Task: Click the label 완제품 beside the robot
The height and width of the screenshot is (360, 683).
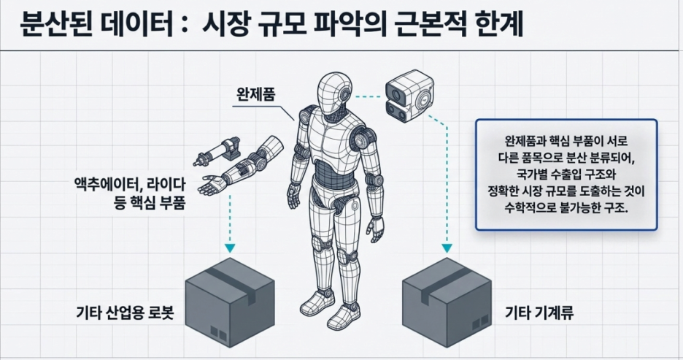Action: point(255,94)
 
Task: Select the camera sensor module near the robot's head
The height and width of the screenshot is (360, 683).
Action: point(409,96)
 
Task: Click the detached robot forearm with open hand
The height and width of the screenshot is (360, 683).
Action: point(241,166)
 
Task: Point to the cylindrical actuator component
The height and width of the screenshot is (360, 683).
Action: point(217,151)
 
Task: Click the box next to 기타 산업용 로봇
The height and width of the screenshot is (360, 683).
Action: point(230,302)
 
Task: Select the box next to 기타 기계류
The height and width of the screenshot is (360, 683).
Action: point(447,302)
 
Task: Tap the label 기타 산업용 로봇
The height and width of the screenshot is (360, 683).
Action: point(125,313)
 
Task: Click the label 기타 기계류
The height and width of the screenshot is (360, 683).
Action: point(539,313)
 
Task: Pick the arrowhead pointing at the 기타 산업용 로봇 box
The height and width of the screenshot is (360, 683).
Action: point(230,248)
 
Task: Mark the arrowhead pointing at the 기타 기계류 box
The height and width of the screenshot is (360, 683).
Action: point(447,248)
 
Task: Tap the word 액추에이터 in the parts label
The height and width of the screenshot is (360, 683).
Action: point(107,185)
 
